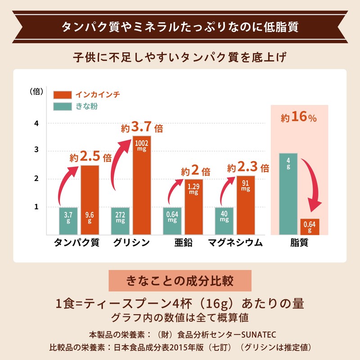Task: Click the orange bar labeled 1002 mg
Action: pos(141,185)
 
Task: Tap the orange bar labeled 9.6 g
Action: pos(90,200)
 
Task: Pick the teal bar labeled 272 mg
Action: pos(120,221)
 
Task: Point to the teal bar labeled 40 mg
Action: pos(224,221)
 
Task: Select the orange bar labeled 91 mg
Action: pos(245,205)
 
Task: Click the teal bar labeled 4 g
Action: pos(288,194)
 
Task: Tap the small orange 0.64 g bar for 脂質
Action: pos(310,227)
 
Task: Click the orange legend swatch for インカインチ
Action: pos(62,95)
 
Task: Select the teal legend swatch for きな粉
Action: pos(62,107)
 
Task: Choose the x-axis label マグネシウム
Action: pos(235,243)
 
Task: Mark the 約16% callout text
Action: pos(299,117)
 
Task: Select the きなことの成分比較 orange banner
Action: pos(180,281)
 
